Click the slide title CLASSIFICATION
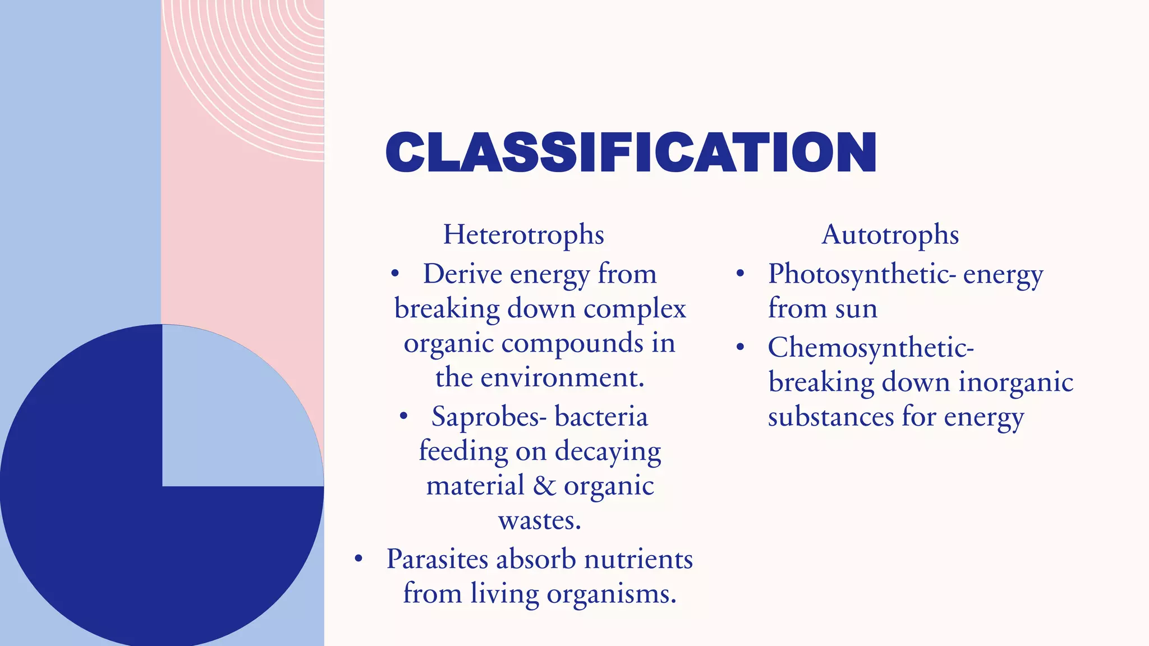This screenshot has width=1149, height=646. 631,153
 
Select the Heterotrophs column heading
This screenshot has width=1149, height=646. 523,234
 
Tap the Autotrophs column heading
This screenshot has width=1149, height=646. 890,234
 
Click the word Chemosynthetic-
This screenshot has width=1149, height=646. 871,348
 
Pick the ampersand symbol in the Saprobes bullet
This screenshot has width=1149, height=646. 544,486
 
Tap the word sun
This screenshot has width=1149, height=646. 856,309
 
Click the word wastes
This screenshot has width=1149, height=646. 539,521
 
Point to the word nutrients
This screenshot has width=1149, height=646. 638,560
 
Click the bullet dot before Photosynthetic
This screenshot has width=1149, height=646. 740,274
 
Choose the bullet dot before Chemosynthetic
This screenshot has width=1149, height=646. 740,347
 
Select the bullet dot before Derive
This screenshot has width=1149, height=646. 395,274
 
